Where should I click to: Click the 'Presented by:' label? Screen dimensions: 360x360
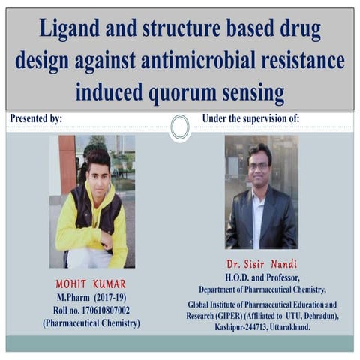(x=36, y=119)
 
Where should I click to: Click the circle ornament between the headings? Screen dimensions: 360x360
(x=180, y=127)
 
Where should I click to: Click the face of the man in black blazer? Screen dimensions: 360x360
(x=259, y=165)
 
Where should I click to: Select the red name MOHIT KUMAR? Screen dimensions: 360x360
(x=91, y=284)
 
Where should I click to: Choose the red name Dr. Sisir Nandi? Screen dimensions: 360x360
(x=261, y=265)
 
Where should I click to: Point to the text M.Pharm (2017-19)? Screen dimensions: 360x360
(x=91, y=297)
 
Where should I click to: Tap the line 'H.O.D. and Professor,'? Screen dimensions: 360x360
(x=261, y=277)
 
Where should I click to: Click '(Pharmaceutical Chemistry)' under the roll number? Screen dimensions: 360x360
(x=91, y=322)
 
